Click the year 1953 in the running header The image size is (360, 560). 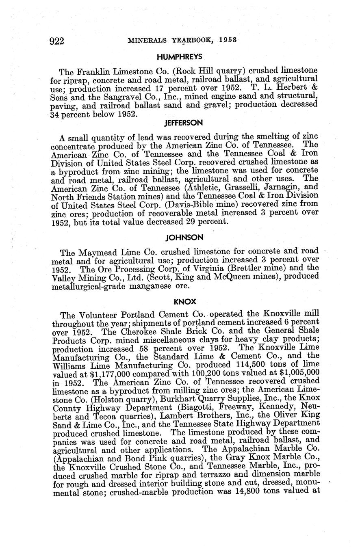(x=228, y=40)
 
